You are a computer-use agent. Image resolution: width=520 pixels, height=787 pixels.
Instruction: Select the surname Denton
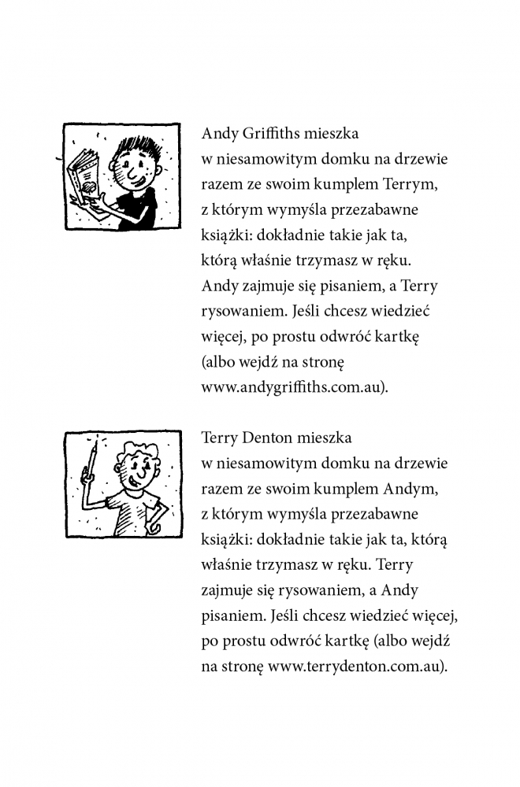point(271,438)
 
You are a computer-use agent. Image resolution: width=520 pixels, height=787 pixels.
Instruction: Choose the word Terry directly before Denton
point(218,438)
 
